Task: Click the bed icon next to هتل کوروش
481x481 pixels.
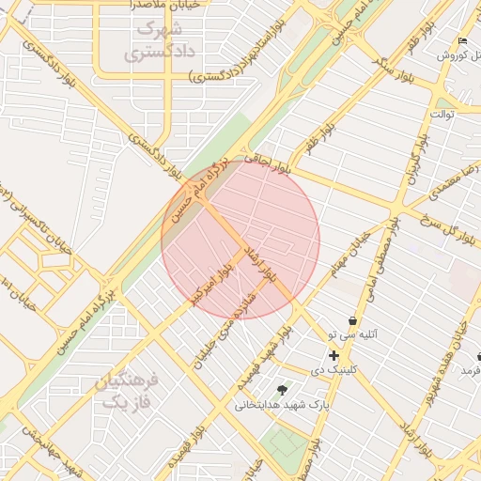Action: click(461, 41)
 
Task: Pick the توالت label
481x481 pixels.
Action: click(442, 114)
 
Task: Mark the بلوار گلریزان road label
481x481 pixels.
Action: click(414, 161)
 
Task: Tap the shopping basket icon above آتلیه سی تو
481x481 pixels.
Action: click(352, 320)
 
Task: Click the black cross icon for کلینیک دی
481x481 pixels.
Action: click(334, 355)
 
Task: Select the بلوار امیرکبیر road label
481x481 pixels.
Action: click(209, 281)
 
